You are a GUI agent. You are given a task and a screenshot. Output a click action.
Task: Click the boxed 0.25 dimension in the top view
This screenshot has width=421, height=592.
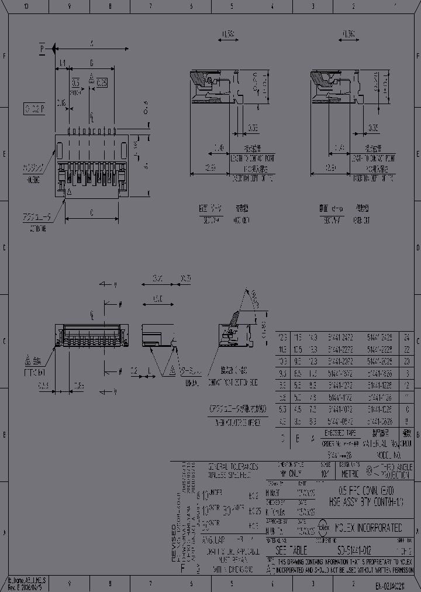pyautogui.click(x=101, y=82)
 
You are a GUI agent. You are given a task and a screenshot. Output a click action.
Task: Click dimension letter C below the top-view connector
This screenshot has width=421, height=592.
pyautogui.click(x=92, y=214)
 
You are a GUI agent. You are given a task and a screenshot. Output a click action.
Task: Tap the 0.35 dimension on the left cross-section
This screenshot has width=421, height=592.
pyautogui.click(x=253, y=128)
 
